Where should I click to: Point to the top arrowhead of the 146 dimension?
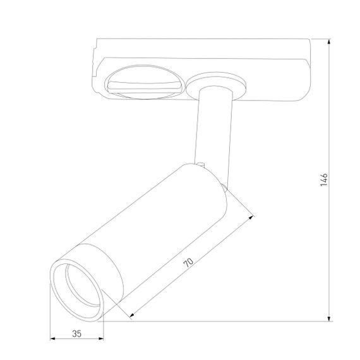330,42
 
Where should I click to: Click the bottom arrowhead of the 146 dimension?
330,319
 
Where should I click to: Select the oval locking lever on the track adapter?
144,83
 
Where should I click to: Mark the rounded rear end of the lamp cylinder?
218,189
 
